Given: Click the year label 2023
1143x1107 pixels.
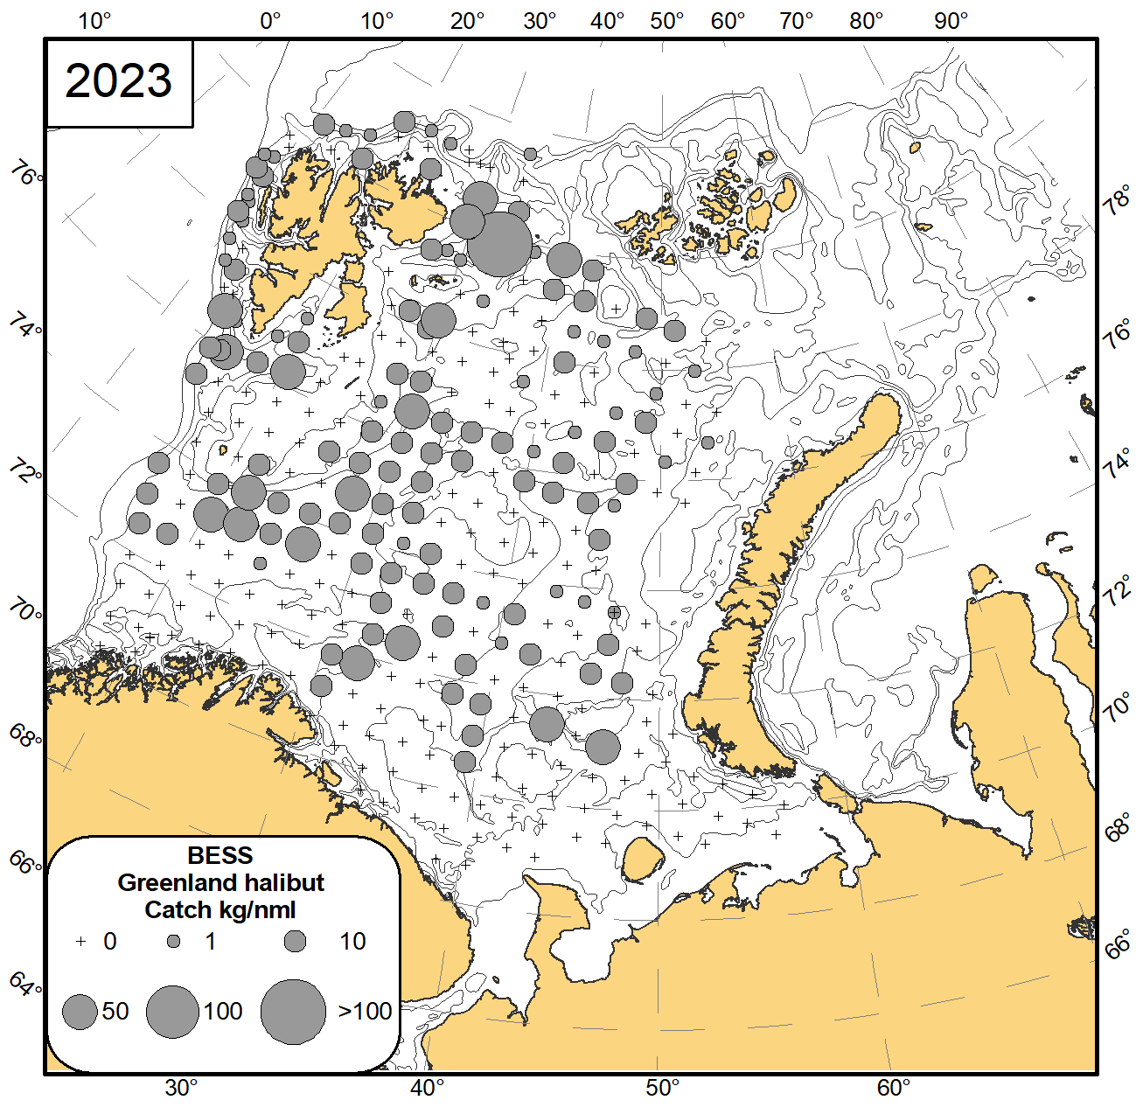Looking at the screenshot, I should point(119,81).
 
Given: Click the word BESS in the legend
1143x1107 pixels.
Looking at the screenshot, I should point(220,855).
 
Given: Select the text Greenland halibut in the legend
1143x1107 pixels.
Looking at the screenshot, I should point(220,882).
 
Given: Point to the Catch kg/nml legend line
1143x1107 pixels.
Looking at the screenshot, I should point(220,909).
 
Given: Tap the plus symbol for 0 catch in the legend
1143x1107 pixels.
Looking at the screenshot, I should point(81,942).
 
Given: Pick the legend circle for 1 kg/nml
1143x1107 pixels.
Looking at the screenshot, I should point(174,942).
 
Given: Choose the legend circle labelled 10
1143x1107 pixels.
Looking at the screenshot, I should point(296,941).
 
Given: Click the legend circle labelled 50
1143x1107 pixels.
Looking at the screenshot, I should point(80,1013).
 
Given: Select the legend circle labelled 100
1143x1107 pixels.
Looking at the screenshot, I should point(173,1012).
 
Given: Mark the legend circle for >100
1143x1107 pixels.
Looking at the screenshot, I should point(293,1012).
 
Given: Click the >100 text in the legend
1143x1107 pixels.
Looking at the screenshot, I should point(365,1012).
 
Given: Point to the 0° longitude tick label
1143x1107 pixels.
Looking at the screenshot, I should point(270,21).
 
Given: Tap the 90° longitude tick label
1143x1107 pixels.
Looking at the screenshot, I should point(951,21).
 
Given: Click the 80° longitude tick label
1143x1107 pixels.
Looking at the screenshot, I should point(866,21).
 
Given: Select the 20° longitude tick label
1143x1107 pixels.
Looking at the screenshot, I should point(467,21).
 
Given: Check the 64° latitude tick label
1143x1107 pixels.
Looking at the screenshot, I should point(25,985).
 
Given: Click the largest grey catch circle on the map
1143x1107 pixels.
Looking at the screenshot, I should point(498,243).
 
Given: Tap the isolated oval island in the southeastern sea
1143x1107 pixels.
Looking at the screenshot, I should point(644,859).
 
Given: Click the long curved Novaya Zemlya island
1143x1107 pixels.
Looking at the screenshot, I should point(787,560).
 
